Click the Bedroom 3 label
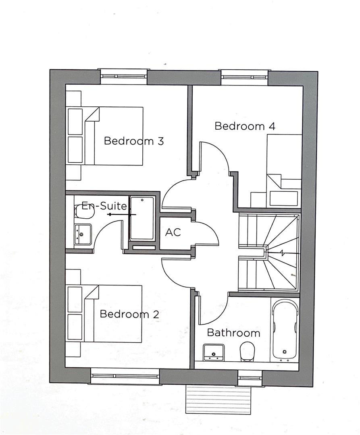pos(133,141)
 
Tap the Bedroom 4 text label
pos(245,126)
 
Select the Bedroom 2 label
pos(129,314)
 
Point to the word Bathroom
pos(233,333)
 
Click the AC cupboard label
pos(173,232)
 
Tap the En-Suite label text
pos(104,206)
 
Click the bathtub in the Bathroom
pos(285,330)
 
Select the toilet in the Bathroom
pos(247,351)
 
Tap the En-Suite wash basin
pos(82,234)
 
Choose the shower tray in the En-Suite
pos(142,218)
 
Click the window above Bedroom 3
pos(123,76)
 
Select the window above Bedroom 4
pos(244,77)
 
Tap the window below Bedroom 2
pos(125,377)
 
